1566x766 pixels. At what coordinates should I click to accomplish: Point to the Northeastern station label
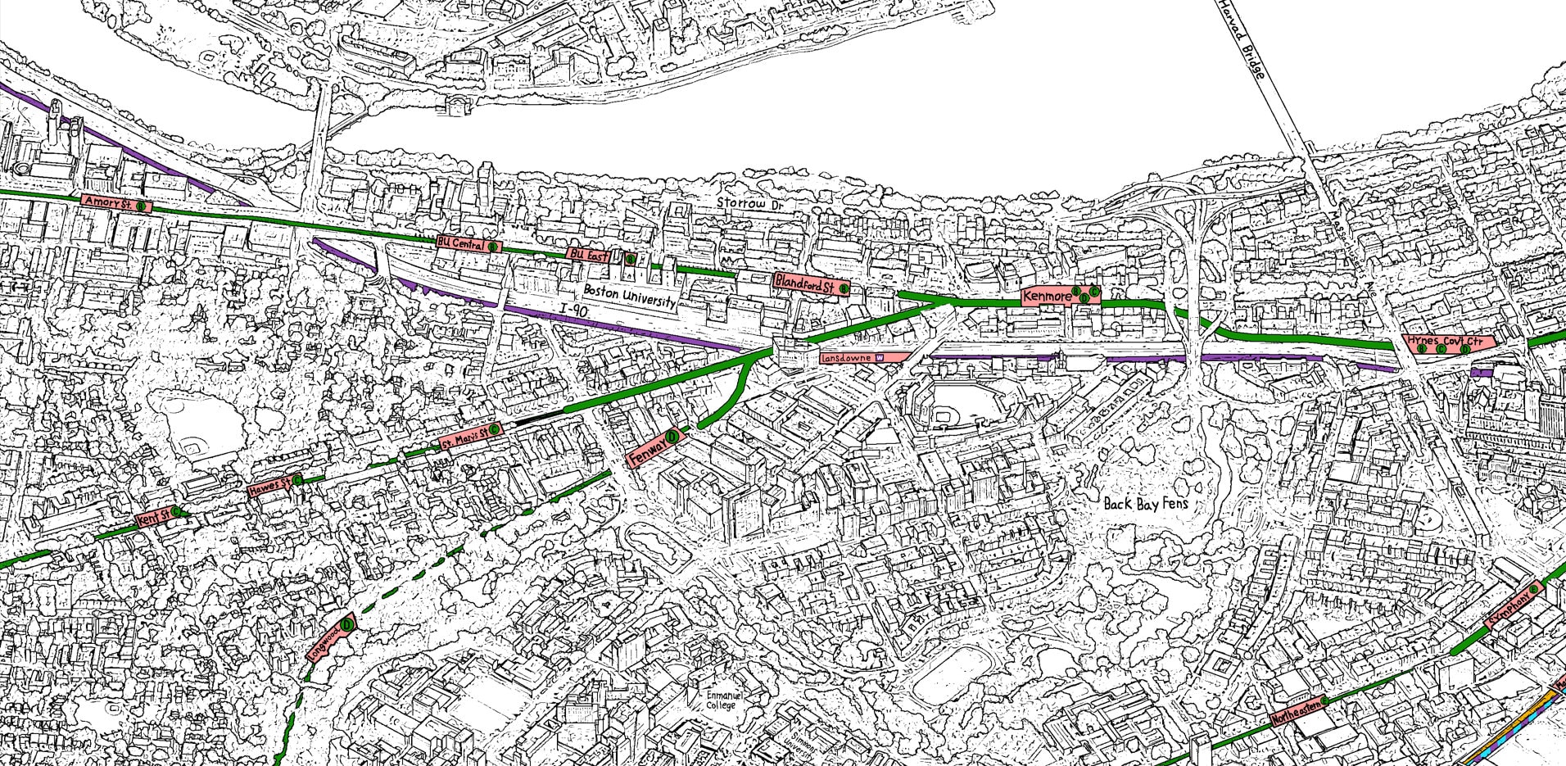tap(1299, 710)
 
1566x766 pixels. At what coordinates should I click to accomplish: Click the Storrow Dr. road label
tap(749, 202)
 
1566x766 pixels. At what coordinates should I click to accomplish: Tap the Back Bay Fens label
tap(1145, 503)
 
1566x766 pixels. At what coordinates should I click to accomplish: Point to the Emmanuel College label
tap(722, 700)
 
